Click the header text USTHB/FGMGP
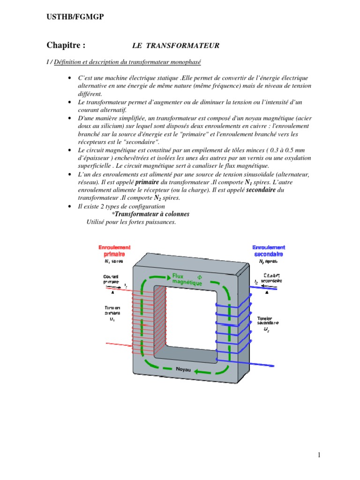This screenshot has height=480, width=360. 75,17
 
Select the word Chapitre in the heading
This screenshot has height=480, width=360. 66,45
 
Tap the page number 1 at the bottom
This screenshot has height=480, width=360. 318,455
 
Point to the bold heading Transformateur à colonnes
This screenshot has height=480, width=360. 150,214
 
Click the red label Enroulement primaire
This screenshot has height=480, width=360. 114,250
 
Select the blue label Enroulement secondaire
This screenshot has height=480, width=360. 268,250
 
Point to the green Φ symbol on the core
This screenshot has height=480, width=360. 199,276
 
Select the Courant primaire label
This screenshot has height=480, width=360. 111,279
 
